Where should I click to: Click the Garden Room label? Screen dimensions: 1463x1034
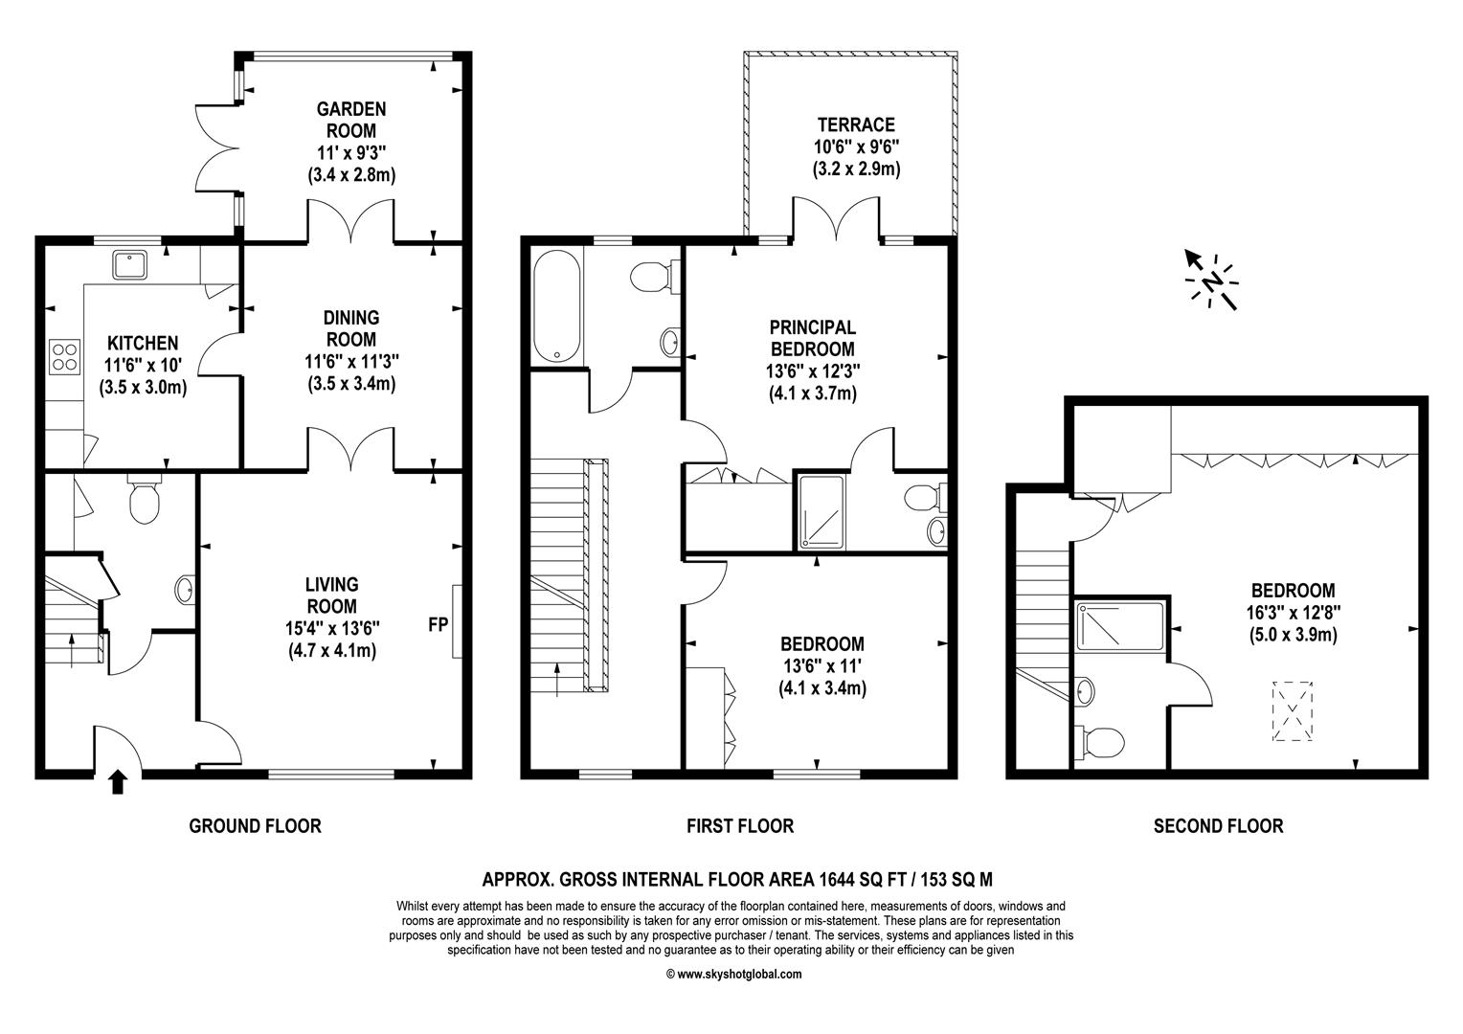tap(351, 120)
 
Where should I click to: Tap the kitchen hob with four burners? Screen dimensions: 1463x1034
tap(65, 357)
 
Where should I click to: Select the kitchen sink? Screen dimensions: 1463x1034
tap(129, 265)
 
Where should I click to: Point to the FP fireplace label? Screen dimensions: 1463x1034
tap(439, 624)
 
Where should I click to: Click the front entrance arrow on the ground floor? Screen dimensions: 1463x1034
tap(118, 781)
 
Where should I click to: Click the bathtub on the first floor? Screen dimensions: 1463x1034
tap(557, 305)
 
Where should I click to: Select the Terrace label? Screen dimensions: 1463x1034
tap(856, 124)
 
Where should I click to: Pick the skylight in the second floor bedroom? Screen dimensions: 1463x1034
tap(1293, 711)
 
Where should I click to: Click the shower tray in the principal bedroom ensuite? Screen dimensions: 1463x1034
tap(822, 511)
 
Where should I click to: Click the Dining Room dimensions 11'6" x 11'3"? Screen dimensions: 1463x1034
tap(351, 361)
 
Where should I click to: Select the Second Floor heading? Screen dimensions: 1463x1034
tap(1218, 826)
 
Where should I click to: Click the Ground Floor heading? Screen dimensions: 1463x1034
tap(256, 826)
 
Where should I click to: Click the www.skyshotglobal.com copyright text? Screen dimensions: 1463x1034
tap(734, 974)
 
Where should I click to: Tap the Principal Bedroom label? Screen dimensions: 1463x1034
tap(813, 338)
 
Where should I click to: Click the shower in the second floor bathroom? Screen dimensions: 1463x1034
tap(1120, 626)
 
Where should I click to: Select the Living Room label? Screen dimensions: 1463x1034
tap(332, 596)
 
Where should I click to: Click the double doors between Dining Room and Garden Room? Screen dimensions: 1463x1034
tap(351, 221)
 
